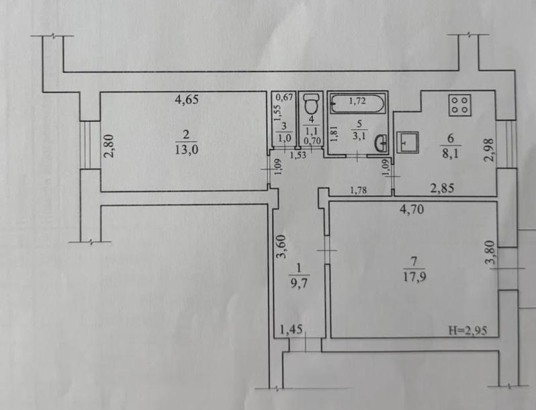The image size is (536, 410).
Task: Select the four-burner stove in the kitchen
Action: tap(460, 105)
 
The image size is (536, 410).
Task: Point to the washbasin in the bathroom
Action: tap(382, 143)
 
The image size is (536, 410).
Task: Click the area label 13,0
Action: tap(186, 149)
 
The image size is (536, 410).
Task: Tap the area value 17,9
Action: tap(414, 276)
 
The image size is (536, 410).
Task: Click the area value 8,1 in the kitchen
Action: tap(451, 153)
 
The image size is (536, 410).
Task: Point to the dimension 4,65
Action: tap(187, 99)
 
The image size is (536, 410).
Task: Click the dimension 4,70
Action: tap(412, 208)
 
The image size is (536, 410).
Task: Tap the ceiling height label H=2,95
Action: tap(468, 331)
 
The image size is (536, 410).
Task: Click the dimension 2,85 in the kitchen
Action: tap(443, 188)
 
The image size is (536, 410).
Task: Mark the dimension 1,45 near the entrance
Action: tap(292, 329)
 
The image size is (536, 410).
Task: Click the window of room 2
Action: tap(85, 145)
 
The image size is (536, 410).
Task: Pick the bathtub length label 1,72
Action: tap(357, 101)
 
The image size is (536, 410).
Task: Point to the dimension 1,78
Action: tap(358, 190)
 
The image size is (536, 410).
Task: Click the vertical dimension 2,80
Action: tap(109, 146)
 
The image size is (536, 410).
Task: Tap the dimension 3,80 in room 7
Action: tap(490, 252)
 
